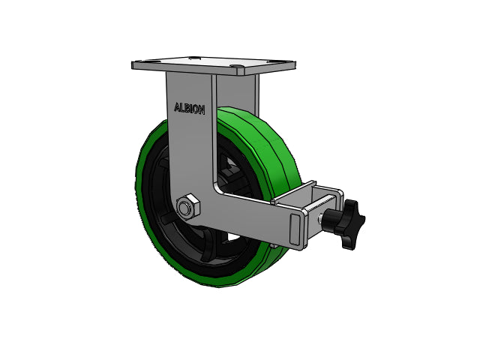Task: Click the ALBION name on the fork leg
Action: [189, 108]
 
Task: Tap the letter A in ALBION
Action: [177, 107]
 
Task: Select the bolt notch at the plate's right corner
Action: [238, 71]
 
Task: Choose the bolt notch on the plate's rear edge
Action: [194, 57]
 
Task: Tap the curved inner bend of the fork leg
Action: [217, 187]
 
